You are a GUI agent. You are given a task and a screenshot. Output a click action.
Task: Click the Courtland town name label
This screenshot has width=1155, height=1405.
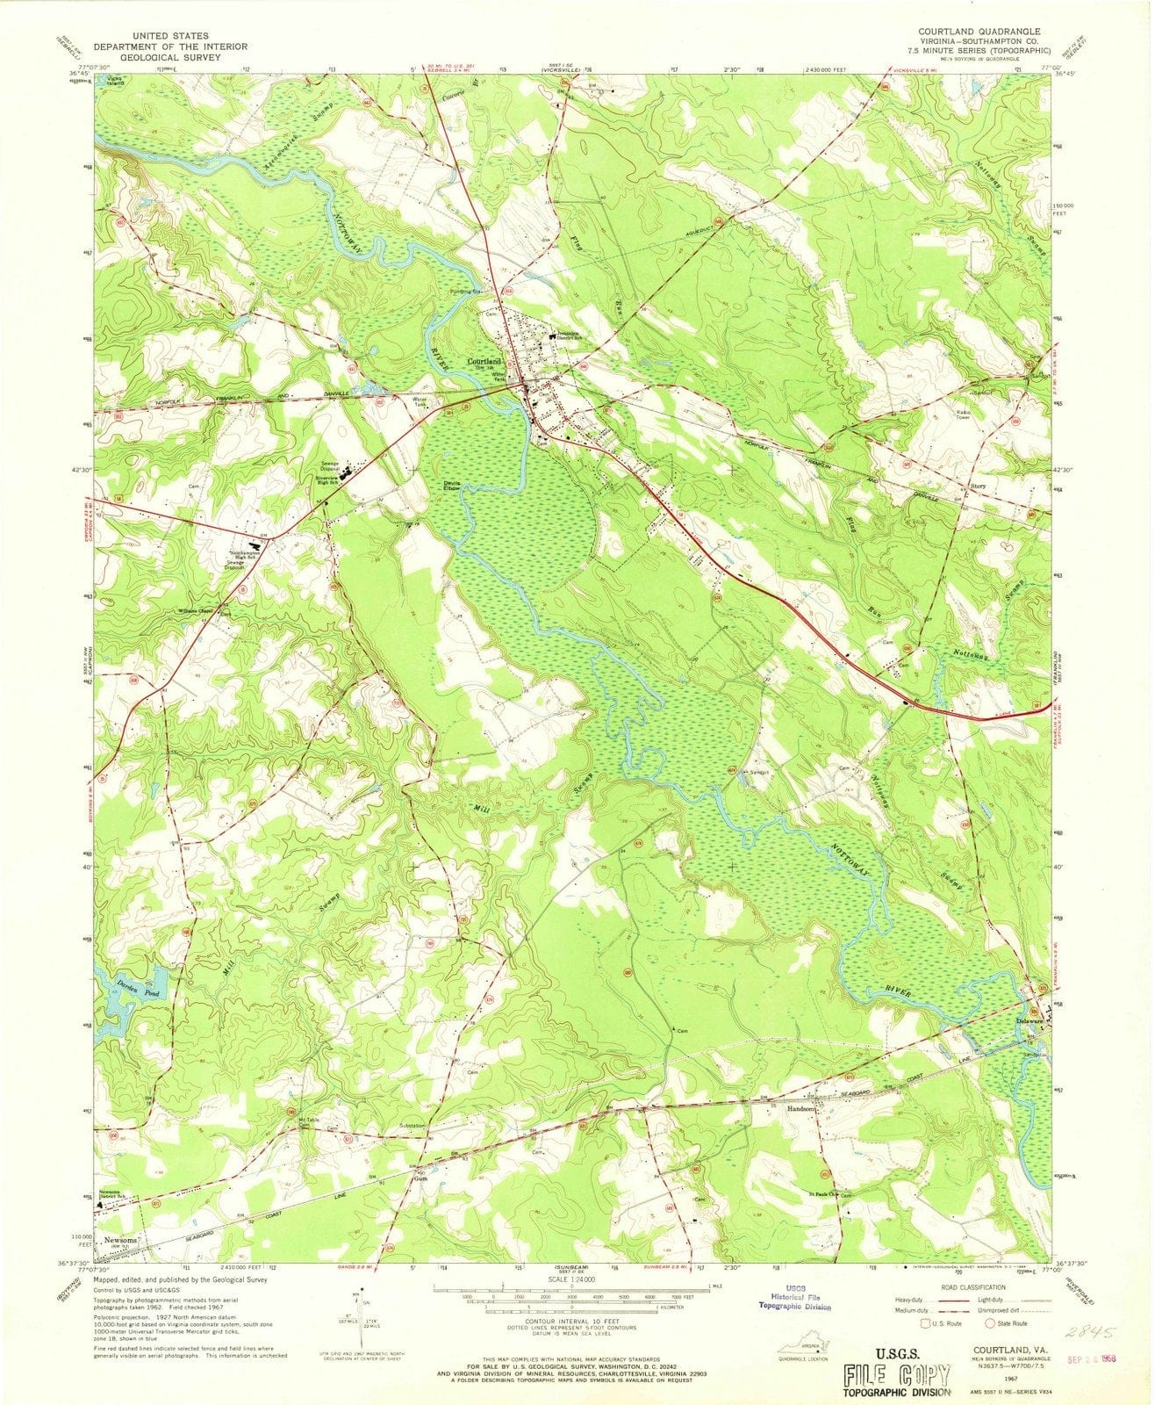click(484, 361)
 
